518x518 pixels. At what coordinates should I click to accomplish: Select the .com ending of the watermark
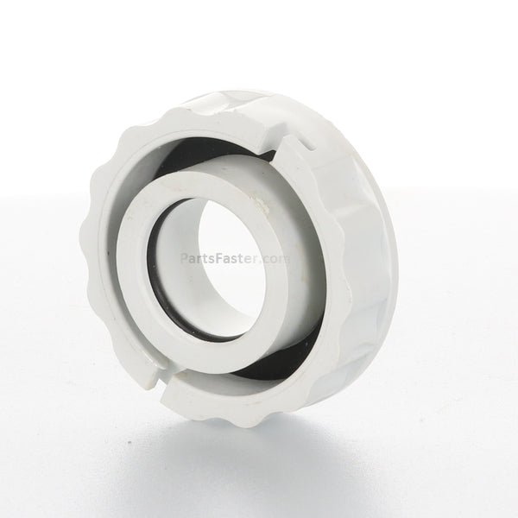[x=273, y=258]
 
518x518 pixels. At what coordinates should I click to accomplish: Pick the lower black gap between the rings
[x=271, y=367]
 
